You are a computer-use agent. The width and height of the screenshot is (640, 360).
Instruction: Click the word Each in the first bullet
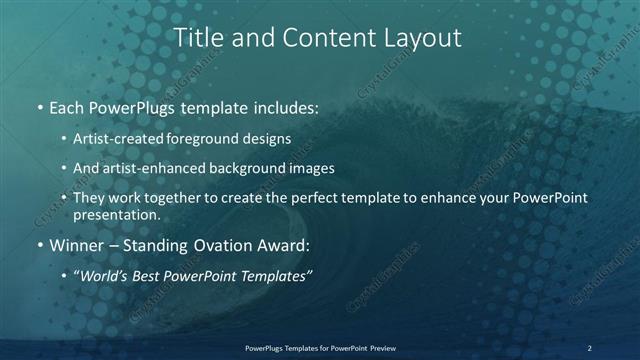68,105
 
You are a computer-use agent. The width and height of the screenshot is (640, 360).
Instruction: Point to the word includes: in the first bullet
285,105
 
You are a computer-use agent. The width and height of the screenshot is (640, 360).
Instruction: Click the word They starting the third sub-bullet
88,198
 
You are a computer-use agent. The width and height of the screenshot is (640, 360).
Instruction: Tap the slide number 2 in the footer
589,348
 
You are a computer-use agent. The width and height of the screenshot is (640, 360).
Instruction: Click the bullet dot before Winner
39,243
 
